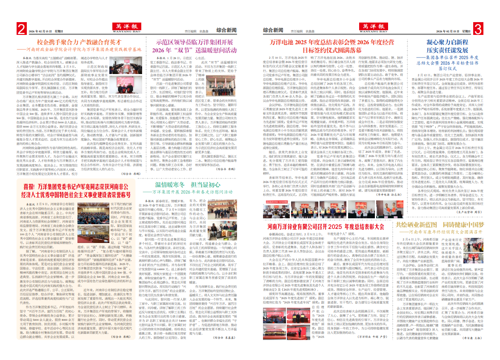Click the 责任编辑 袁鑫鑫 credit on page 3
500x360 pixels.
click(x=300, y=31)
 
